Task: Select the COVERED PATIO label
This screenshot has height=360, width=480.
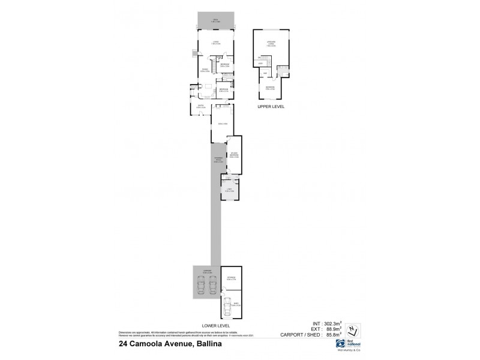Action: coord(216,160)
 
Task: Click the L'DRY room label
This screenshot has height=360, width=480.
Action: coord(229,190)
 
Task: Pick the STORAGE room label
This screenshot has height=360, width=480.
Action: coord(231,277)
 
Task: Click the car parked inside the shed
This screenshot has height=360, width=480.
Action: coord(227,308)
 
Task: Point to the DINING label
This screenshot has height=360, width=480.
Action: coord(205,70)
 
